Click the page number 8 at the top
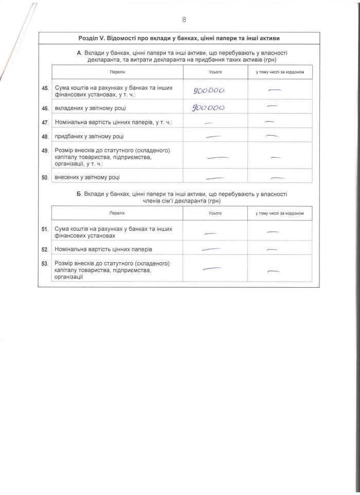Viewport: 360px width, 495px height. tap(184, 20)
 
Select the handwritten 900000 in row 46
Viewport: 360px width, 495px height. tap(208, 107)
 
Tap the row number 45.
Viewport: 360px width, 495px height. tap(45, 88)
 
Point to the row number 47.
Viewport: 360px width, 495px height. tap(45, 122)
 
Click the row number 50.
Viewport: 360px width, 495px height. tap(45, 178)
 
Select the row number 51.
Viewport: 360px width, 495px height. tap(45, 229)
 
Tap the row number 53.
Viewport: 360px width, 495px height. tap(45, 263)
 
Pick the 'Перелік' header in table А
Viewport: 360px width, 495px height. tap(117, 72)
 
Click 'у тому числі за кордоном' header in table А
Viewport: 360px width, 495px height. tap(280, 72)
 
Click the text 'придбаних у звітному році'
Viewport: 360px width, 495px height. tap(89, 137)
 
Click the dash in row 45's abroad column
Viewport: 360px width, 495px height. tap(275, 90)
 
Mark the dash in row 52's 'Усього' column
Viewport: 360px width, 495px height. tap(210, 249)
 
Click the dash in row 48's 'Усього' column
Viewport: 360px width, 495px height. tap(213, 137)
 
